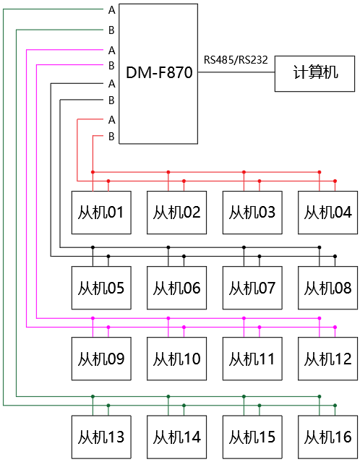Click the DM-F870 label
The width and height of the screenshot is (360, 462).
point(159,72)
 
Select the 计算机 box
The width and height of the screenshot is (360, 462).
point(314,74)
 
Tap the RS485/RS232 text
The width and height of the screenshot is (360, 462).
point(236,60)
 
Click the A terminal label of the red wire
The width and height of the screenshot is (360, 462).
point(111,120)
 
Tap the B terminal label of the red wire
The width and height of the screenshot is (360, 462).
point(111,137)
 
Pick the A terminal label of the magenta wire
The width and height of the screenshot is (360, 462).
point(111,51)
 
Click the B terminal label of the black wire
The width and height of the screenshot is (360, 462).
point(111,100)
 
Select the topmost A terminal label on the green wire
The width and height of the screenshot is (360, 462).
point(111,10)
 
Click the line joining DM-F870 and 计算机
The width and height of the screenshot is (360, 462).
point(236,72)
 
